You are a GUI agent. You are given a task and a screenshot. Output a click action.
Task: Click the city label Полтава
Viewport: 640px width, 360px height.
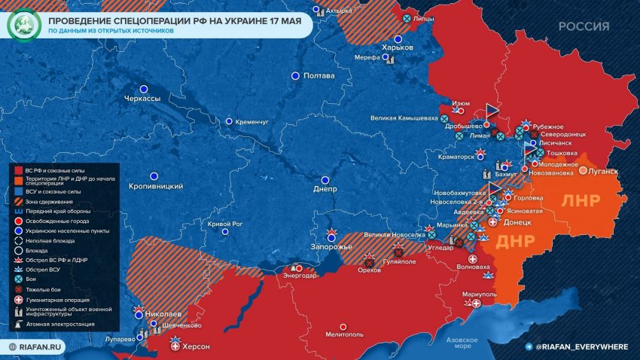[323, 76]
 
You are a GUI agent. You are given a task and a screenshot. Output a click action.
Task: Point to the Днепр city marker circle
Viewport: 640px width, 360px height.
[325, 180]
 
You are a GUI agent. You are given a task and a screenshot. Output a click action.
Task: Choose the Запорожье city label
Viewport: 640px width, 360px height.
[332, 248]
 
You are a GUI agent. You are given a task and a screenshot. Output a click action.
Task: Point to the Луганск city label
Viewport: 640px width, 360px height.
[603, 171]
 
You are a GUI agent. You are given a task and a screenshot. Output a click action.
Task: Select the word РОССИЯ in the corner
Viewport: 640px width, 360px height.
[584, 26]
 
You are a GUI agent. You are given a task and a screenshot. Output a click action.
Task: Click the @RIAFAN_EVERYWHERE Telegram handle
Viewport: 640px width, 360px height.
[582, 346]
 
